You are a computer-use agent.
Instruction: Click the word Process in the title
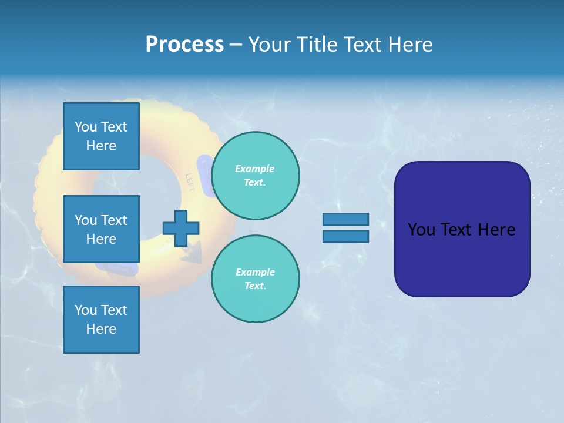184,44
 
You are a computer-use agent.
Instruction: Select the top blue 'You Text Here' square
101,136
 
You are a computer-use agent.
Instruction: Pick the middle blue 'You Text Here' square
101,229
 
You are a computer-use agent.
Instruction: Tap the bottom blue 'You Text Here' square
101,319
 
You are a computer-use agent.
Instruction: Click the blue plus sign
181,228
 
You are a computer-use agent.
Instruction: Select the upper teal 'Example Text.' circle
255,175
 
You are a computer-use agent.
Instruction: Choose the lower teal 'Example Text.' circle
255,278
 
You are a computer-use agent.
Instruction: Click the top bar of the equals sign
345,220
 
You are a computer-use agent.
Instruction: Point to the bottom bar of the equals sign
345,236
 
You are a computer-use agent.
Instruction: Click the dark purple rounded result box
462,229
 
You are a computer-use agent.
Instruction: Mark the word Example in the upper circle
254,169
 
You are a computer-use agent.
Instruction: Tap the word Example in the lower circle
255,272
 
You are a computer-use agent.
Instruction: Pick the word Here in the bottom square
101,329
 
